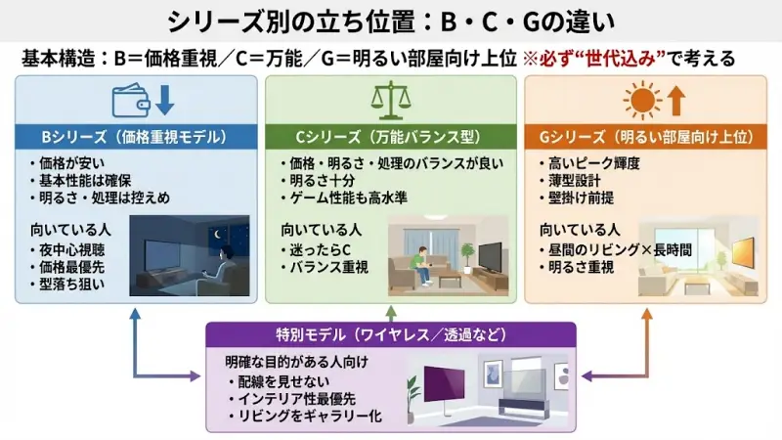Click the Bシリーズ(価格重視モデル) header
click(131, 136)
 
